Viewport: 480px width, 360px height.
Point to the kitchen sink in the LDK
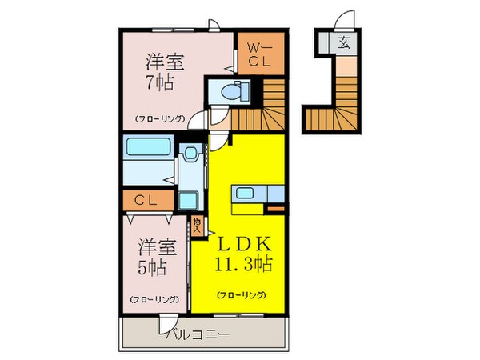(243, 194)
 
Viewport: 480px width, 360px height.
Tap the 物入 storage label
(196, 223)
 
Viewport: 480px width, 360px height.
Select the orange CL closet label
(146, 201)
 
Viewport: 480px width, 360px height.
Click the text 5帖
(152, 268)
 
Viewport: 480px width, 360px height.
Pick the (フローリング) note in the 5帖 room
(154, 300)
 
